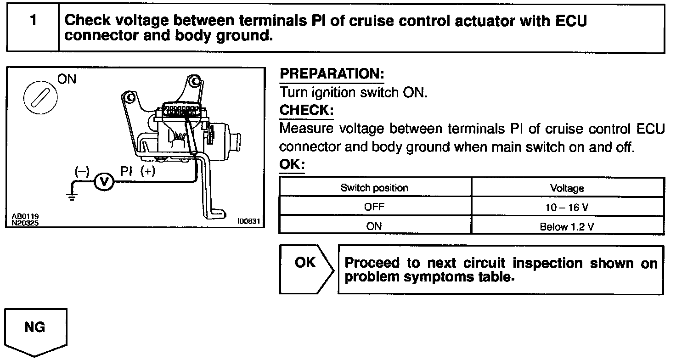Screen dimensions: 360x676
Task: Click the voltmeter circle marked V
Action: (103, 182)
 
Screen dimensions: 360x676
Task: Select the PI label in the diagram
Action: (126, 171)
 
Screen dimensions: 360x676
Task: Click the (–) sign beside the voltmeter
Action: (81, 171)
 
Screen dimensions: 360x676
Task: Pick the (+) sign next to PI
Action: (148, 171)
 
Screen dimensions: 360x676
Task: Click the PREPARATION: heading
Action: (332, 74)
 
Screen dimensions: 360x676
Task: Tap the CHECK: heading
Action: (305, 110)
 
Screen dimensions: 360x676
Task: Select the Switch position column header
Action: (374, 188)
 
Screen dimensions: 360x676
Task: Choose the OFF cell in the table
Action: (374, 207)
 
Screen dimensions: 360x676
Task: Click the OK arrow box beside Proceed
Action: (305, 269)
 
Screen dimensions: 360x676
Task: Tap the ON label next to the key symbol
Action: (67, 79)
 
